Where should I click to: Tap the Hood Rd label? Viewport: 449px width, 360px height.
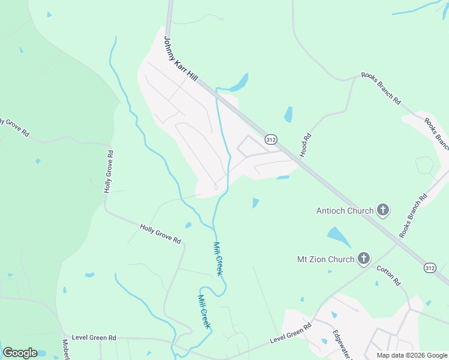coord(306,145)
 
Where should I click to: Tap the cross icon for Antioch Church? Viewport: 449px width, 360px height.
coord(383,211)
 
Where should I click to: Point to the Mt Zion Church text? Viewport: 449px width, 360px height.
coord(326,260)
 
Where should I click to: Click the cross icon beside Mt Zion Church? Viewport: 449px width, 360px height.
coord(363,259)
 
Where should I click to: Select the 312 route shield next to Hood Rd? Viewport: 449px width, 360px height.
coord(271,140)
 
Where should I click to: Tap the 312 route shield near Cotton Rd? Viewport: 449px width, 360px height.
coord(429,267)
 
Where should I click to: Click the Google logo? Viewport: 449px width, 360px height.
coord(20,353)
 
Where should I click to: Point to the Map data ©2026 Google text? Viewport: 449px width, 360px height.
coord(412,355)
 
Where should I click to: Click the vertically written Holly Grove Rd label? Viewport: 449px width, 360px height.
coord(108,171)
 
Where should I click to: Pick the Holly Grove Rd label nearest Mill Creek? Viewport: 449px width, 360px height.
coord(160,233)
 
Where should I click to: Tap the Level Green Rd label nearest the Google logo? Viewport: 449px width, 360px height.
coord(94,338)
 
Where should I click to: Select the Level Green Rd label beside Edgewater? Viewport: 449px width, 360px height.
coord(291,333)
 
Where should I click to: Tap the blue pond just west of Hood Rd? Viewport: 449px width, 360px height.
coord(288,114)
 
